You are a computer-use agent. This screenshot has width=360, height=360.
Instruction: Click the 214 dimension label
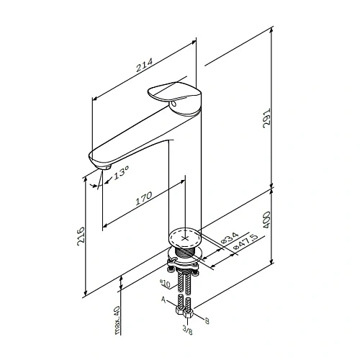[x=145, y=65]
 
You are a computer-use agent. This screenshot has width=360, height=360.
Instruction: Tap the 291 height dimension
[x=266, y=118]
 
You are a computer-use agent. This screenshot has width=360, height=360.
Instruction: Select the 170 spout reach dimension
[x=144, y=198]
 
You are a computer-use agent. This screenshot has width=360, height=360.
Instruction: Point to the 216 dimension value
[x=81, y=236]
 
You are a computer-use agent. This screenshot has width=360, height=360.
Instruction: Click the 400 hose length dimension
[x=266, y=220]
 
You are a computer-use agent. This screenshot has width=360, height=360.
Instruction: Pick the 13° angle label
[x=121, y=173]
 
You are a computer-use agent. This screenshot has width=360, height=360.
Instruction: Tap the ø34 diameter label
[x=230, y=238]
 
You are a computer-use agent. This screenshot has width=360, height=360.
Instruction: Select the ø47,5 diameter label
[x=246, y=241]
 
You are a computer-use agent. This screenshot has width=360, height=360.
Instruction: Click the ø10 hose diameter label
[x=165, y=284]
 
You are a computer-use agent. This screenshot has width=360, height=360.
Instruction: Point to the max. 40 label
[x=117, y=320]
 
